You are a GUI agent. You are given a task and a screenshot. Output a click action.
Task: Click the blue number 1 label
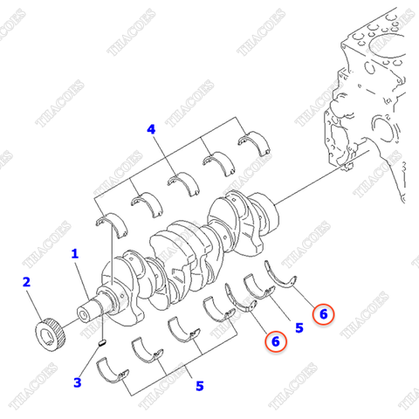pos(75,253)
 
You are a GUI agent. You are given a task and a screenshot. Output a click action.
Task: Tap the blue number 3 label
pos(77,381)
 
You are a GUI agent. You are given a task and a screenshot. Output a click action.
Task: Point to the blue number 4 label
pos(151,129)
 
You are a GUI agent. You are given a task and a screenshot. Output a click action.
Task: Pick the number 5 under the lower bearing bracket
pos(199,385)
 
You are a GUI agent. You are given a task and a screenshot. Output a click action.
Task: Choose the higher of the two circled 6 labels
pos(322,313)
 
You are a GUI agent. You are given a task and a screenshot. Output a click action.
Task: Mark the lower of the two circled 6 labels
pos(275,341)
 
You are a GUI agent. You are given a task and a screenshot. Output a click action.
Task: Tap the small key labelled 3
pos(101,342)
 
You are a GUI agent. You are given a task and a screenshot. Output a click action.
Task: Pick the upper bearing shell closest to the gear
pos(113,220)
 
